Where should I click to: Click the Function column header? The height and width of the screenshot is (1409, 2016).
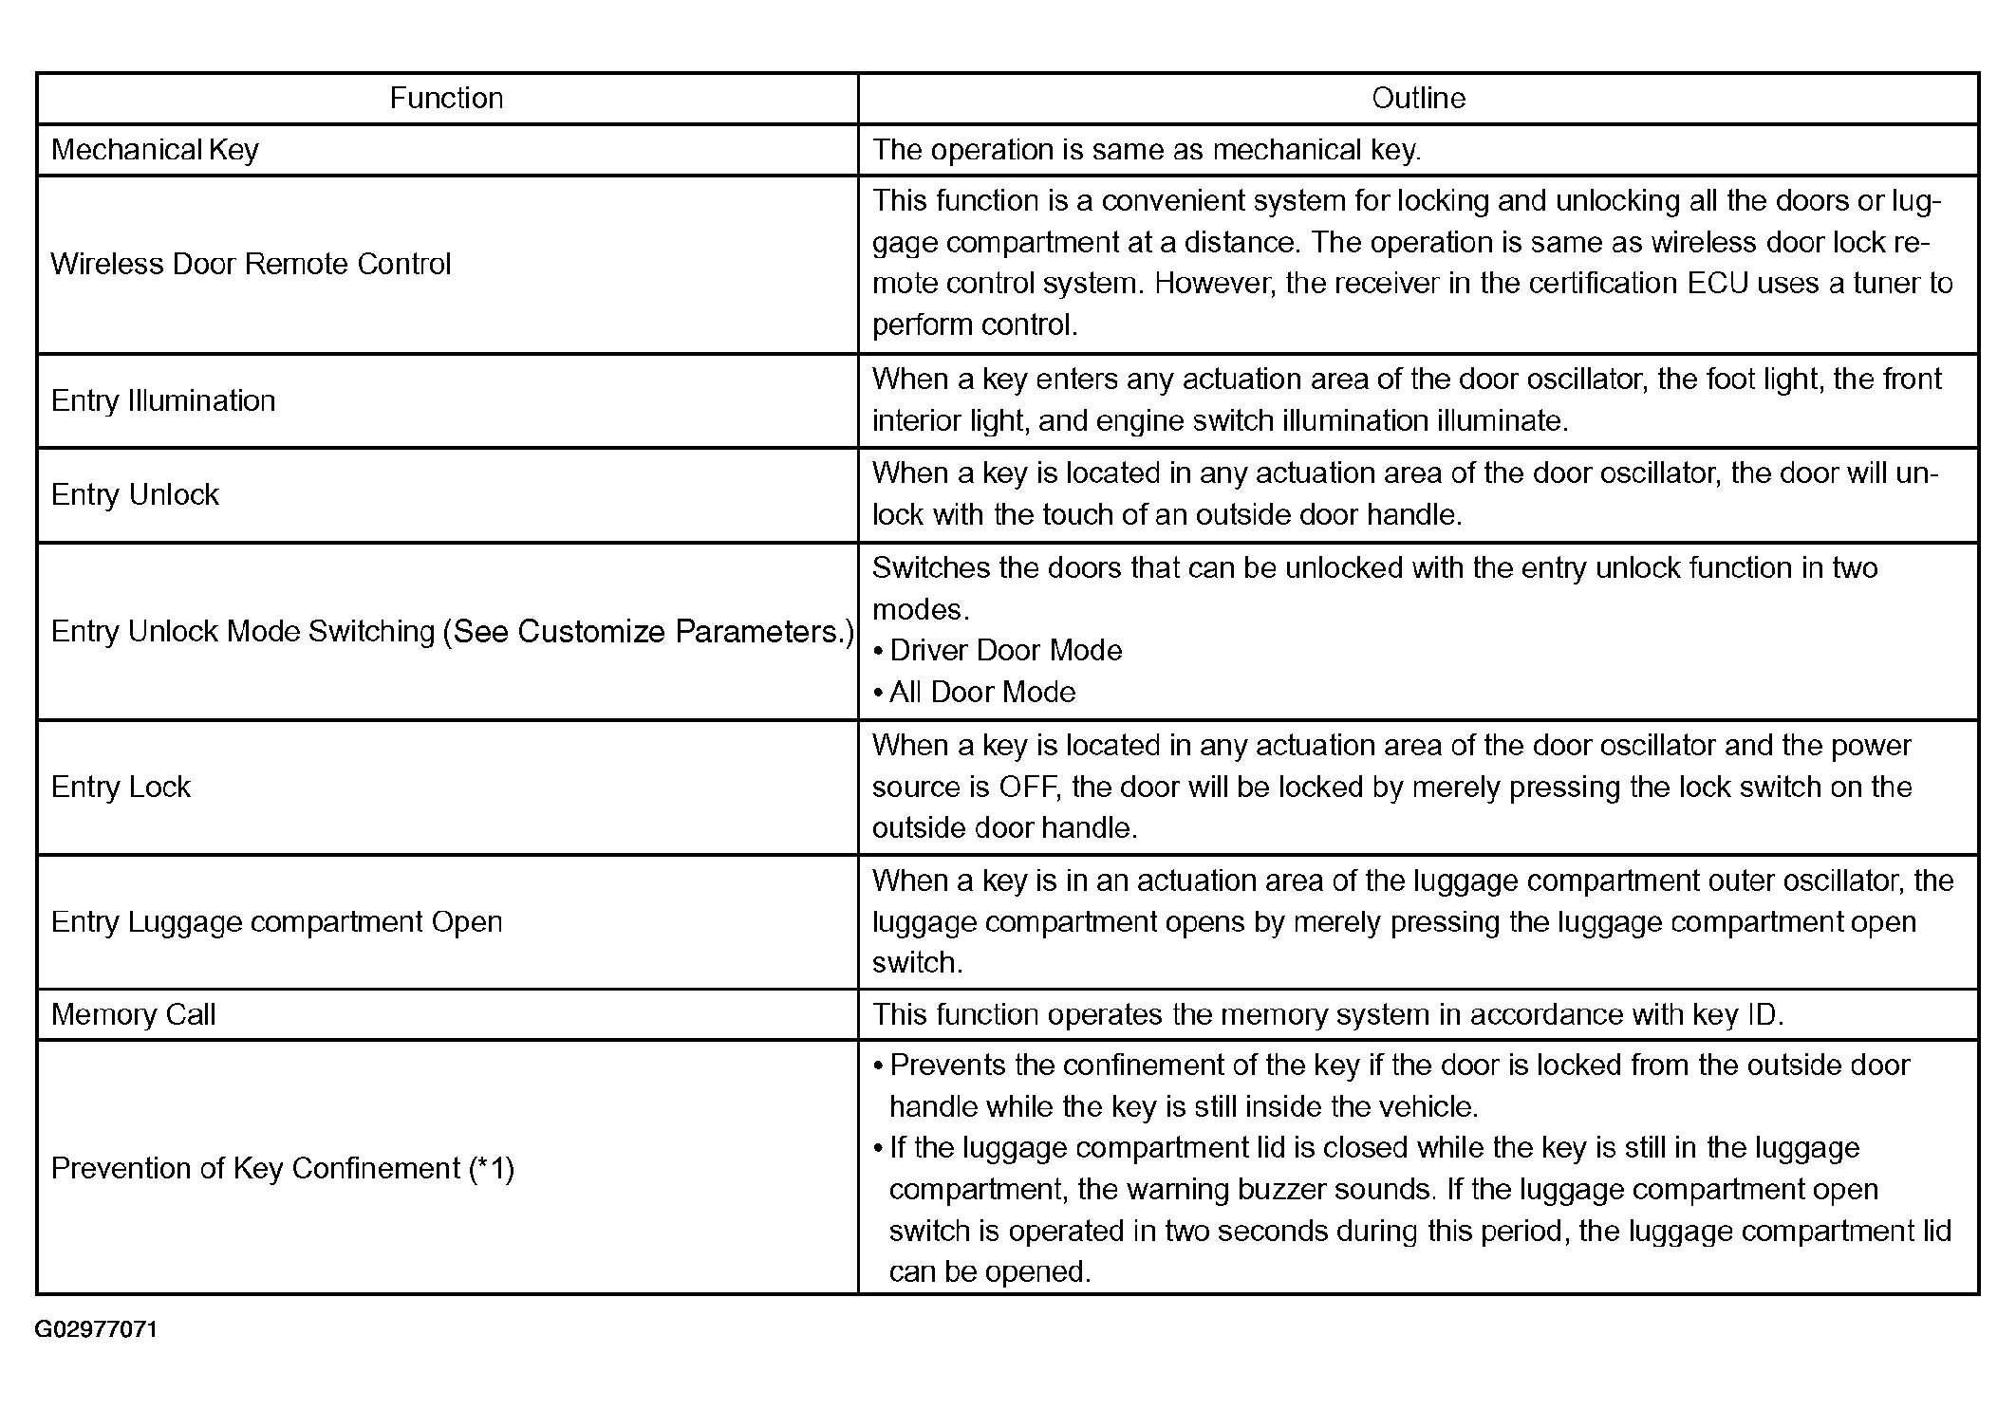(x=446, y=98)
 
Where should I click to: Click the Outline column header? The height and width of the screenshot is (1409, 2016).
(x=1418, y=98)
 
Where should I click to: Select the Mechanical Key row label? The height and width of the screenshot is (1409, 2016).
(x=155, y=150)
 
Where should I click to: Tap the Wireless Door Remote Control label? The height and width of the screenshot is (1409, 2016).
(x=251, y=264)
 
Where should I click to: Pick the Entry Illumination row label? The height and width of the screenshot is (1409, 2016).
(x=163, y=400)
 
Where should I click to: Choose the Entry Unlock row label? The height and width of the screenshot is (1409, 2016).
(x=135, y=494)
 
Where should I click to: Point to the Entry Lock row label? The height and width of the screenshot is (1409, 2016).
(x=121, y=787)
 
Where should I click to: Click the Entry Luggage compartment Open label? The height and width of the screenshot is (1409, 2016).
(x=276, y=921)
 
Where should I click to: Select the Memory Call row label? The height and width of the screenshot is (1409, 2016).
(x=133, y=1014)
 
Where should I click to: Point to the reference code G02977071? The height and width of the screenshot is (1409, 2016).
(x=96, y=1329)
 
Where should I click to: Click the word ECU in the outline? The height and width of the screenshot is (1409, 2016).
(x=1717, y=283)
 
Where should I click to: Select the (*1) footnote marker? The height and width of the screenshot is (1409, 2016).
(x=491, y=1168)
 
